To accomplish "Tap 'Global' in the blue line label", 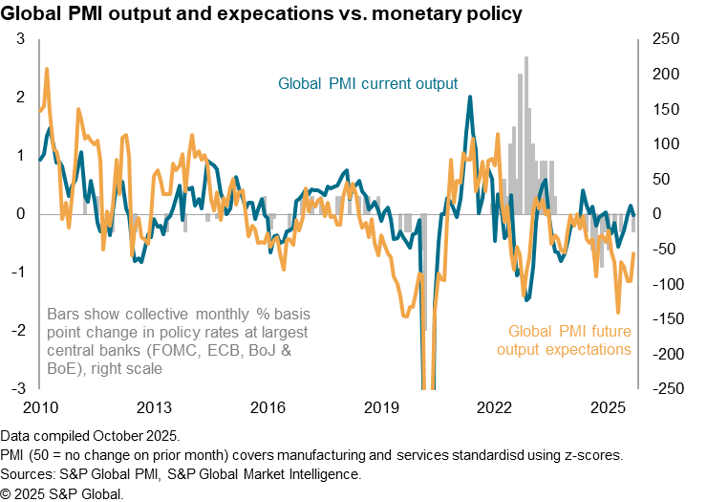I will (x=300, y=84).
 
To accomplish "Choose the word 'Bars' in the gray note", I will (x=63, y=314).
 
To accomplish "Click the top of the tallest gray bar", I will (x=525, y=57).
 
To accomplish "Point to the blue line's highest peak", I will (x=469, y=96).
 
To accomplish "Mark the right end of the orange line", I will (x=635, y=251).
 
